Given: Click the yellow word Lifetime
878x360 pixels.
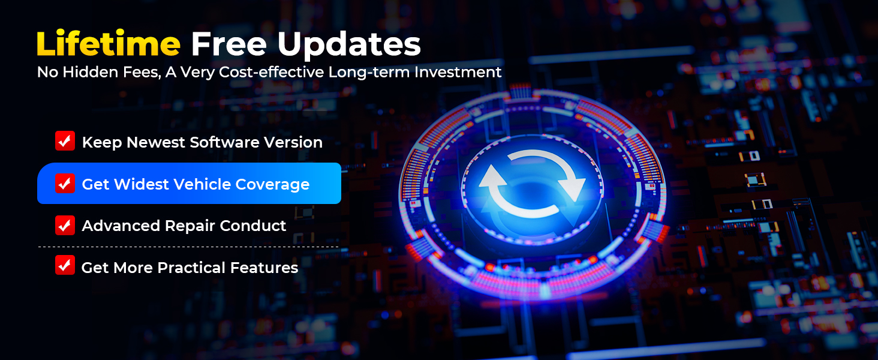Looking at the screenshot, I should point(108,44).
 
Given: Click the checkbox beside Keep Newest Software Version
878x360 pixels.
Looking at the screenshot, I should point(65,141).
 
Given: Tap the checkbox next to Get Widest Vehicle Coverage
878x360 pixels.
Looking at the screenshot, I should point(65,183).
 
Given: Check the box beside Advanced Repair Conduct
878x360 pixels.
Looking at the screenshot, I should point(65,225).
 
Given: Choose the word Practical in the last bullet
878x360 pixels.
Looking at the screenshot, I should point(190,268).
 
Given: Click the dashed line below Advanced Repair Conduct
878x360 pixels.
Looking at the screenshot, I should point(188,247).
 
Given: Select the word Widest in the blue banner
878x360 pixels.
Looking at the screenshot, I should point(140,184).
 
